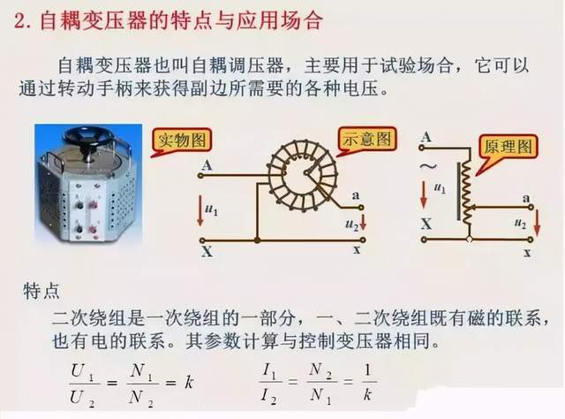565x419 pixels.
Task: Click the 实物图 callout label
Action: (x=182, y=141)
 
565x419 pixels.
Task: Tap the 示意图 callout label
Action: (x=367, y=138)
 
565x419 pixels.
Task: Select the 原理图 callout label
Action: (x=508, y=147)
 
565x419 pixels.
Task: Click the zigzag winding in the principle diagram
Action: (x=467, y=191)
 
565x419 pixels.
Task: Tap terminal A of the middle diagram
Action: (x=200, y=176)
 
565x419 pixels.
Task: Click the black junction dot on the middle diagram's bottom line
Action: (x=257, y=240)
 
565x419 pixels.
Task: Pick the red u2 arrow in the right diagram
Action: (x=537, y=223)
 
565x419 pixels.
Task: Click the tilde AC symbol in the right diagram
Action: (x=428, y=166)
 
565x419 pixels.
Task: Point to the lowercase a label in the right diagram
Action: (x=526, y=198)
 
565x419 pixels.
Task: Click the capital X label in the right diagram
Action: (x=426, y=225)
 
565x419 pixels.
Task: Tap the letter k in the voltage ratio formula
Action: (x=189, y=383)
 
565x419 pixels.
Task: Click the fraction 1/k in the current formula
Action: (x=367, y=383)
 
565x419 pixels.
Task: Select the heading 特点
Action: (x=41, y=291)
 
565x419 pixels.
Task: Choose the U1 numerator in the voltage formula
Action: (x=82, y=371)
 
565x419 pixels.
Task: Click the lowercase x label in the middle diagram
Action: (x=357, y=249)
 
